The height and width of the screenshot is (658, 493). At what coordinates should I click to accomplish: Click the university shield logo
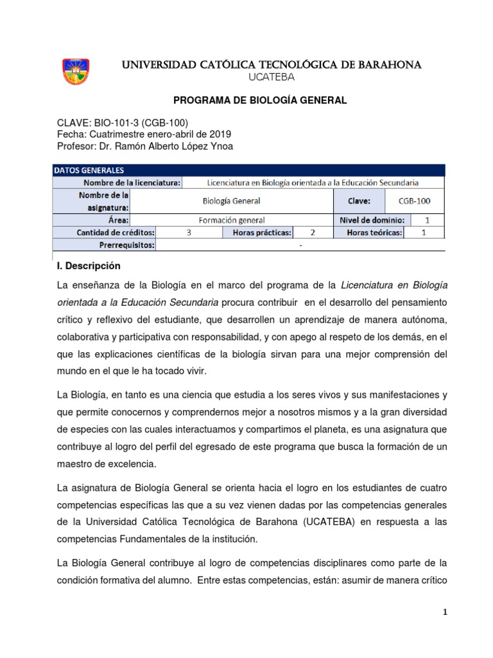click(75, 71)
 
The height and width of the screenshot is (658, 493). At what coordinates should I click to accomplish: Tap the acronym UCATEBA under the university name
click(271, 78)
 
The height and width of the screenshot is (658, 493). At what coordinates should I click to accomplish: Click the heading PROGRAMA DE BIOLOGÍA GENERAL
click(261, 100)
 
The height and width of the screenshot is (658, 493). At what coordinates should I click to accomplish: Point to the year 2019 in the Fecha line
click(220, 134)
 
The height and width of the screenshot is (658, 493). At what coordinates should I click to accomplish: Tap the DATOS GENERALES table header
click(80, 170)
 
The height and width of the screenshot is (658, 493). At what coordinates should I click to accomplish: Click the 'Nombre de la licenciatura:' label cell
click(129, 182)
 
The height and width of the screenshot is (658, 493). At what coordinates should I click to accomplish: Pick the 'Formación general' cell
click(231, 220)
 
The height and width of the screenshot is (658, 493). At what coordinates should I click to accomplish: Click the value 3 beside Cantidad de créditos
click(189, 233)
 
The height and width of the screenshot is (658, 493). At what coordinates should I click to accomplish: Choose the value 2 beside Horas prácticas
click(313, 233)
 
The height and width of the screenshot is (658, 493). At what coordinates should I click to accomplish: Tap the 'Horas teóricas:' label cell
click(374, 233)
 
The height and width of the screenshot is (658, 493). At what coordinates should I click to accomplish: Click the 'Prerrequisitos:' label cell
click(127, 245)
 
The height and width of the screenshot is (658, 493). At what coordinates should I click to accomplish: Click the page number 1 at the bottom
click(445, 612)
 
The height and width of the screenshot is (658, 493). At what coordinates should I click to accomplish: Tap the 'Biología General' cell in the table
click(231, 200)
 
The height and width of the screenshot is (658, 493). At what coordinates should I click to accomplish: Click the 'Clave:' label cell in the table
click(359, 200)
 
